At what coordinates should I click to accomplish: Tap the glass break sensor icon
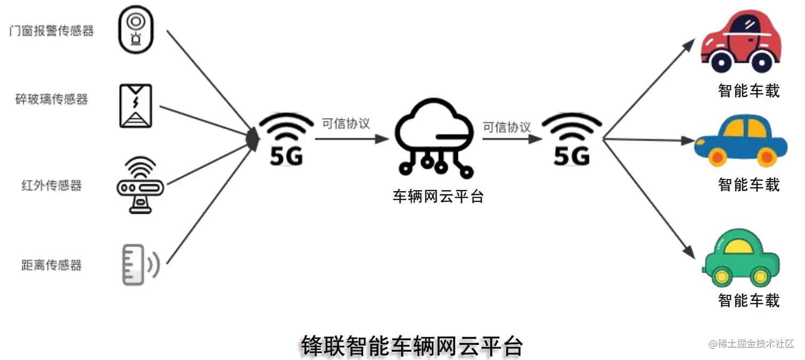(x=135, y=105)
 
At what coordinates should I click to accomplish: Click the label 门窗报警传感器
(x=52, y=31)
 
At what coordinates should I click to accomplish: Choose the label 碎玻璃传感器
(x=52, y=100)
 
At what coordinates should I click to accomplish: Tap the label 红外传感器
(x=52, y=185)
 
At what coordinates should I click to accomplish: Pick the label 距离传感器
(x=52, y=265)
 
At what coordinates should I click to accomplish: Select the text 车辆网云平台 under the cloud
(x=438, y=197)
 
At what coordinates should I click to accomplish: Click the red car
(x=742, y=43)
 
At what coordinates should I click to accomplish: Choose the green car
(x=742, y=258)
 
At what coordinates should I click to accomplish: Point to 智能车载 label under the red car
(x=749, y=91)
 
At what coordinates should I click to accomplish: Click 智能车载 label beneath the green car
(x=749, y=300)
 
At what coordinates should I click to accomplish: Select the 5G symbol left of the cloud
(x=286, y=140)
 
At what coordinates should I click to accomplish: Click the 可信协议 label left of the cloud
(x=346, y=124)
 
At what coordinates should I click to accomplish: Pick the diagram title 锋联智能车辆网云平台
(x=411, y=346)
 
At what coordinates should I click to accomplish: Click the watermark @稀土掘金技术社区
(x=751, y=343)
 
